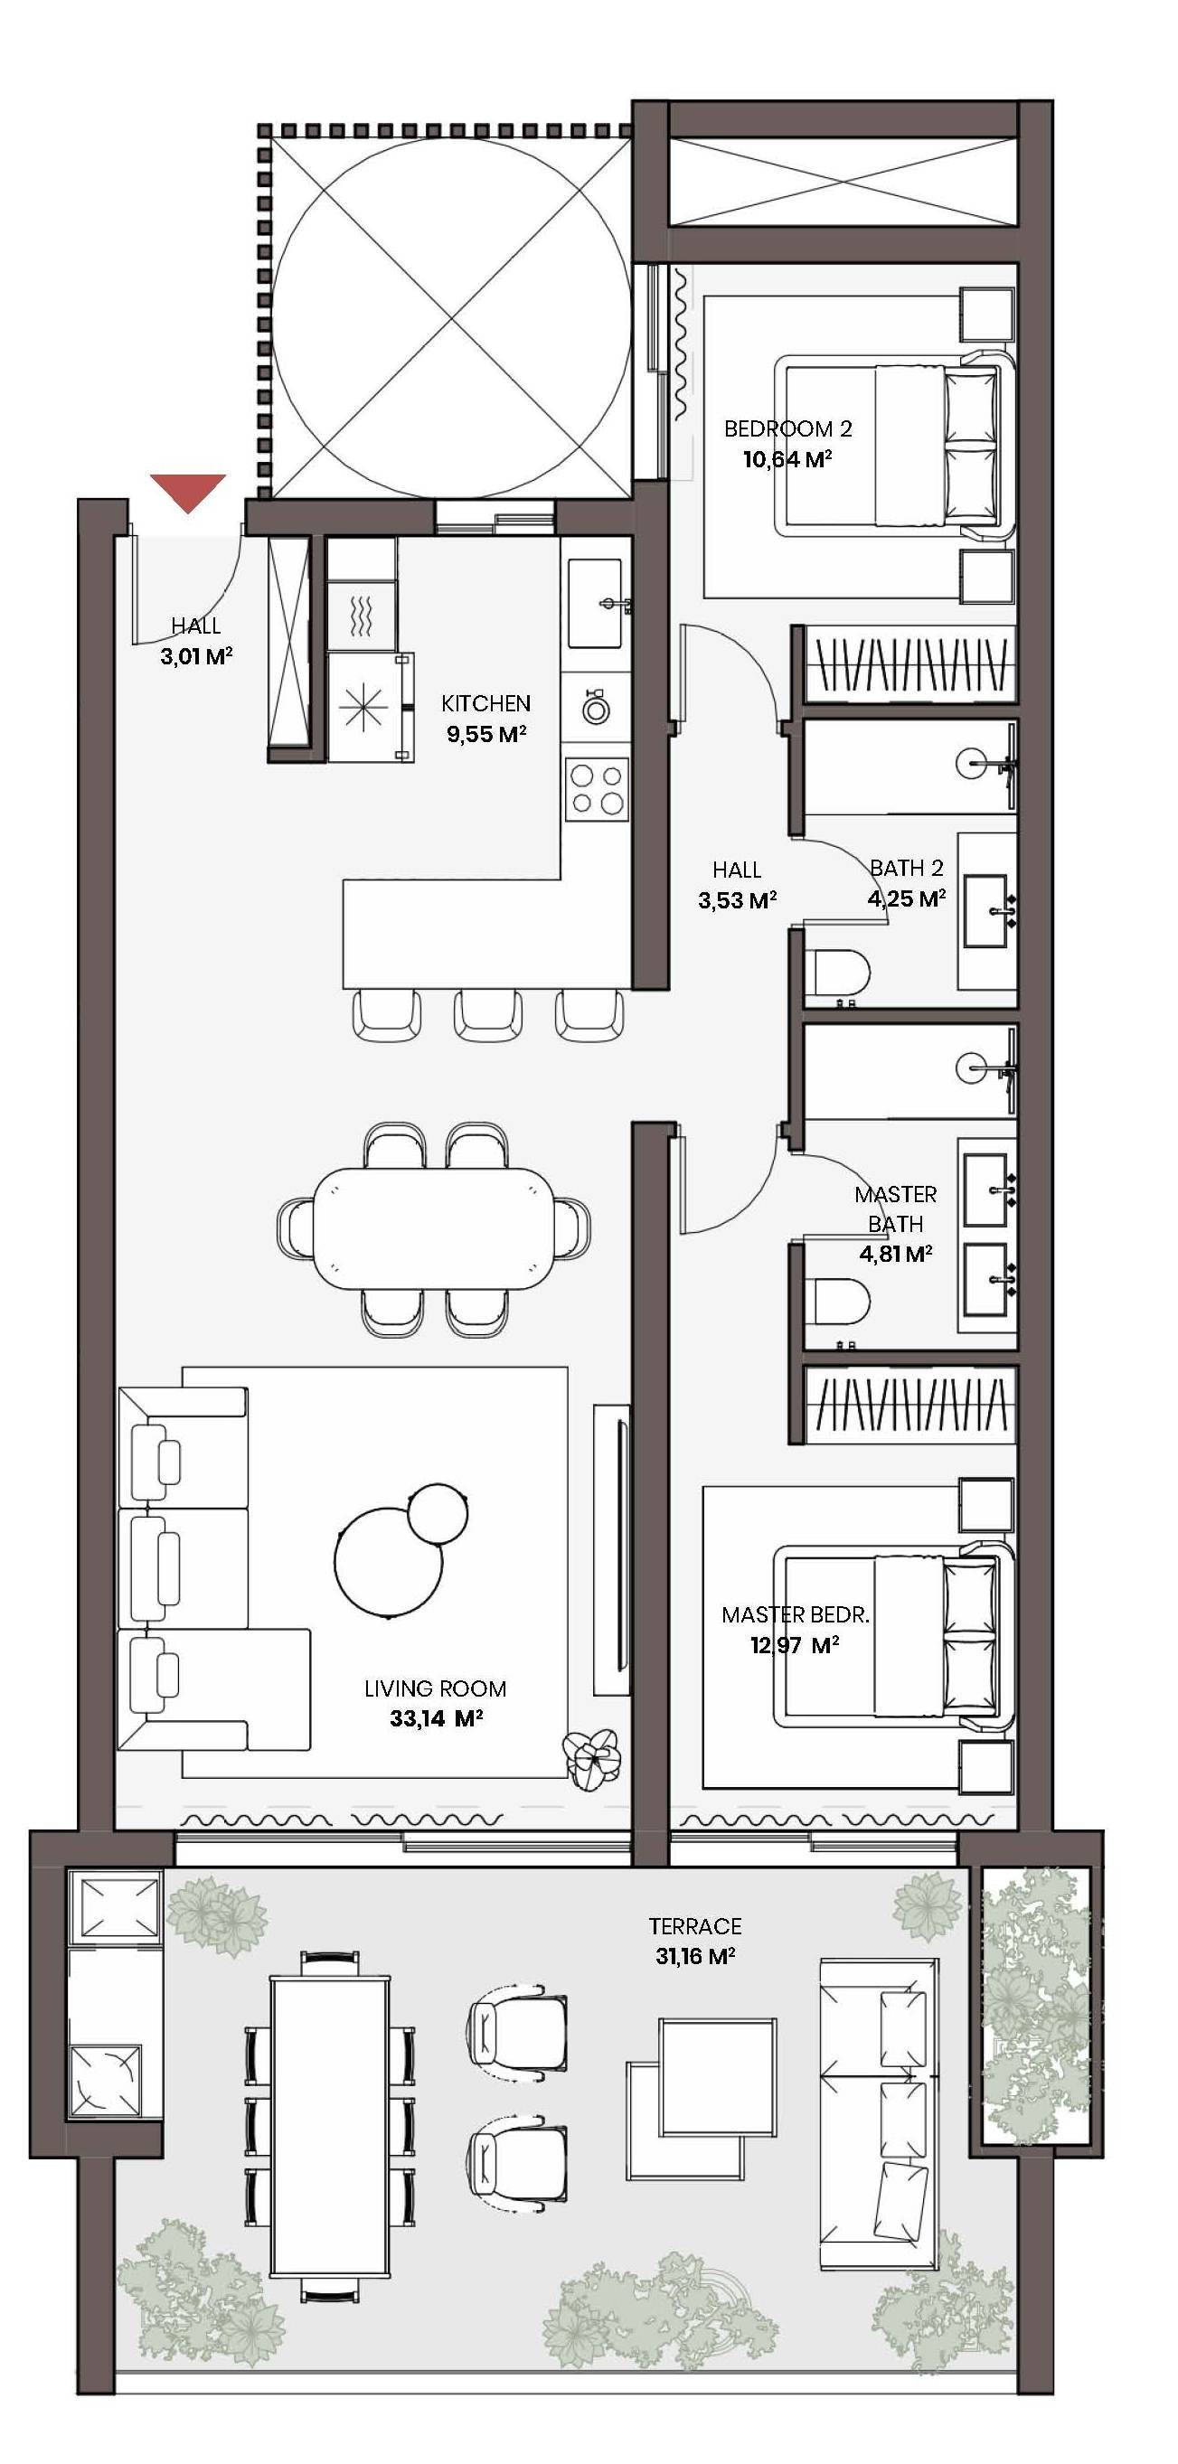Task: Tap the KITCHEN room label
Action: (486, 703)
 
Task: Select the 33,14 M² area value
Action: (436, 1718)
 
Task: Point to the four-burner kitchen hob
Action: (597, 789)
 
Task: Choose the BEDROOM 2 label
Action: (787, 428)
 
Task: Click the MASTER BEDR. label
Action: (796, 1614)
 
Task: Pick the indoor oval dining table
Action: (435, 1229)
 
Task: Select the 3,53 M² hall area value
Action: (737, 900)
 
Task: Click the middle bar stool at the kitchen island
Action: (488, 1015)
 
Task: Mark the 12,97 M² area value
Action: (795, 1645)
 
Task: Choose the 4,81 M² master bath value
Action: (895, 1253)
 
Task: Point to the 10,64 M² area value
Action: (787, 459)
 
